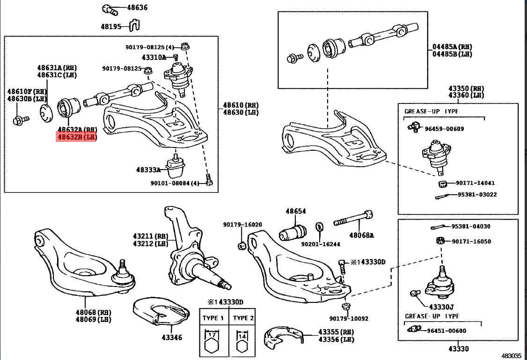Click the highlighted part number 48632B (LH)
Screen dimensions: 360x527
[x=76, y=137]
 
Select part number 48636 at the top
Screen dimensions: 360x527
[x=137, y=8]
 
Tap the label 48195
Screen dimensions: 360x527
[x=111, y=27]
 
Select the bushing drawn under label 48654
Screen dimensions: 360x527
[x=293, y=231]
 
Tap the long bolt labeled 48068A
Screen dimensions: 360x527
[x=353, y=219]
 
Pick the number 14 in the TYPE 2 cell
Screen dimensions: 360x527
[x=242, y=335]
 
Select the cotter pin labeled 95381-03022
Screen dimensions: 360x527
[x=441, y=196]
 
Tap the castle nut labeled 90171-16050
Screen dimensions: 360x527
[x=439, y=241]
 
